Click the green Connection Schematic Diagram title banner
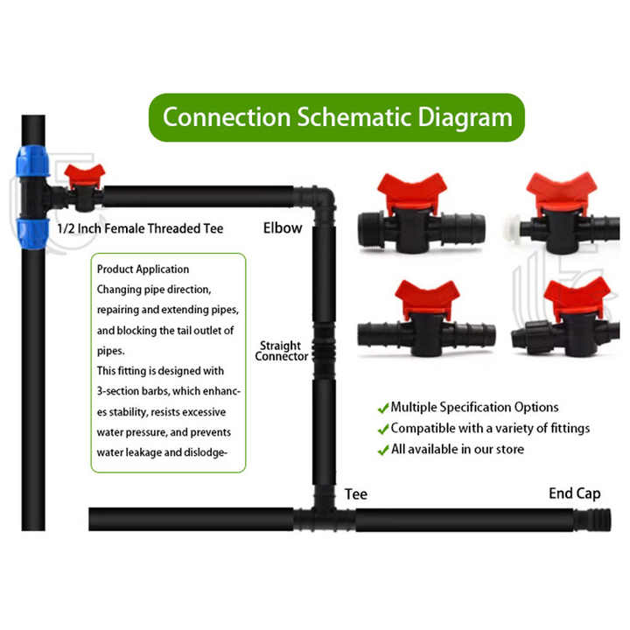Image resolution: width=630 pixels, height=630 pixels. click(337, 117)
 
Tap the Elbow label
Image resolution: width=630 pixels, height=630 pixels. click(283, 227)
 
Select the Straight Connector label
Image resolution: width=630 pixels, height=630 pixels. click(281, 351)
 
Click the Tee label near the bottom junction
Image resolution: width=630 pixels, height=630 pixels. click(356, 494)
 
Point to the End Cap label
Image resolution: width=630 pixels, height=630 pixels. click(575, 493)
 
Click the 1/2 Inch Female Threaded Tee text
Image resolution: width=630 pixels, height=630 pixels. click(140, 228)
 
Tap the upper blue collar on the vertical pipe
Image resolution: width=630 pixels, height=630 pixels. click(32, 162)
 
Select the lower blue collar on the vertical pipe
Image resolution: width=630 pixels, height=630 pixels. click(32, 234)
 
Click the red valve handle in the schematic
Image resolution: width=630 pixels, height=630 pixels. click(84, 175)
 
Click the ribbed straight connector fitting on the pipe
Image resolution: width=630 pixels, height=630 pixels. click(324, 349)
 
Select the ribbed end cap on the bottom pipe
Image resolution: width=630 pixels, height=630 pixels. click(591, 521)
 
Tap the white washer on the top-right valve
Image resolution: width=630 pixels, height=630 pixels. click(513, 230)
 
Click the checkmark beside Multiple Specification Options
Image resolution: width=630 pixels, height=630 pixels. click(383, 409)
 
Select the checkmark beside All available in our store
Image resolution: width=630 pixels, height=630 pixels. click(383, 450)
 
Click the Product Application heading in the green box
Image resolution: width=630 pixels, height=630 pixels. click(143, 269)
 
